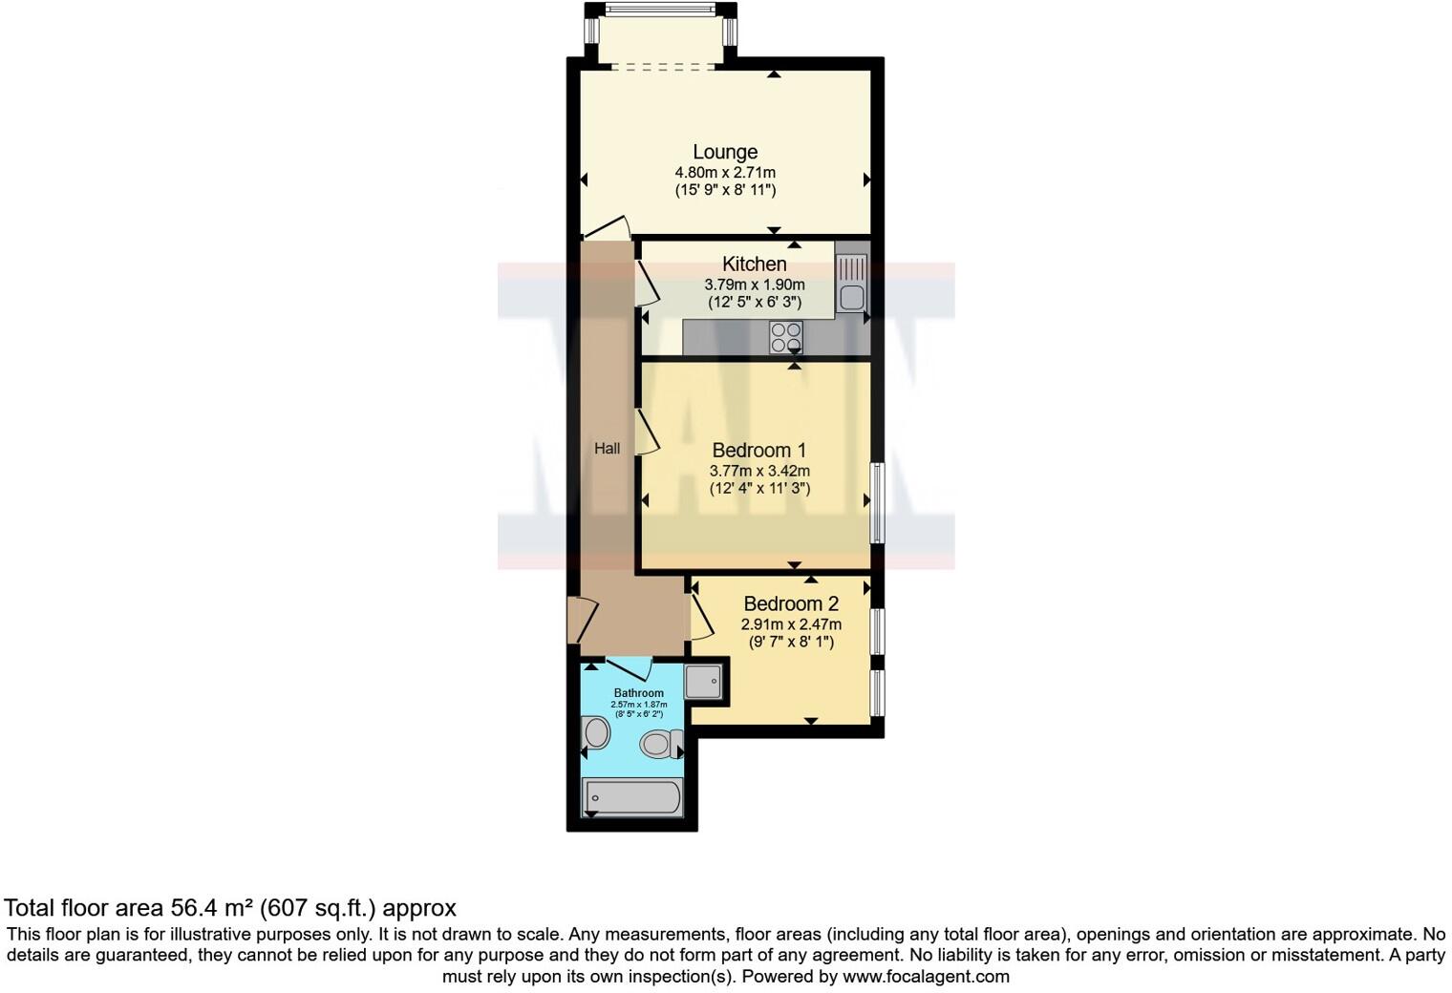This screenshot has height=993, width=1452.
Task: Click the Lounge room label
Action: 725,152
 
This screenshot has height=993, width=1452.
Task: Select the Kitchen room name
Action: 754,264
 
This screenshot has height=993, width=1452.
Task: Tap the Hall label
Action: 607,448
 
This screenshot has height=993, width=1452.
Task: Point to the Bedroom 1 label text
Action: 758,450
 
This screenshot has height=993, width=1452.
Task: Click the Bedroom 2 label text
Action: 791,603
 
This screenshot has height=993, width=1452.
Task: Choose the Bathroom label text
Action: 638,693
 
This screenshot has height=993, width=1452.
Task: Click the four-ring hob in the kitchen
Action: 786,337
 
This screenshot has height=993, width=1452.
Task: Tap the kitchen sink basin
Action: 850,297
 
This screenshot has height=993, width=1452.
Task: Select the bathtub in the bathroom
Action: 631,797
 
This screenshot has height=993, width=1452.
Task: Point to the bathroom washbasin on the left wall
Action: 596,734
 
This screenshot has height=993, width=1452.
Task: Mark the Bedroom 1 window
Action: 875,502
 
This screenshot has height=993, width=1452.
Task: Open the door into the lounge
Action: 609,227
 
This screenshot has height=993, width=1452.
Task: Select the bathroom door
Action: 629,667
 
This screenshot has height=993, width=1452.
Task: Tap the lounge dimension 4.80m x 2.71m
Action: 725,173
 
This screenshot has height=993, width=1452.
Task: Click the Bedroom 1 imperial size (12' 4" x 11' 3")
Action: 758,489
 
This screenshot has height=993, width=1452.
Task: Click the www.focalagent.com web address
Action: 925,976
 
